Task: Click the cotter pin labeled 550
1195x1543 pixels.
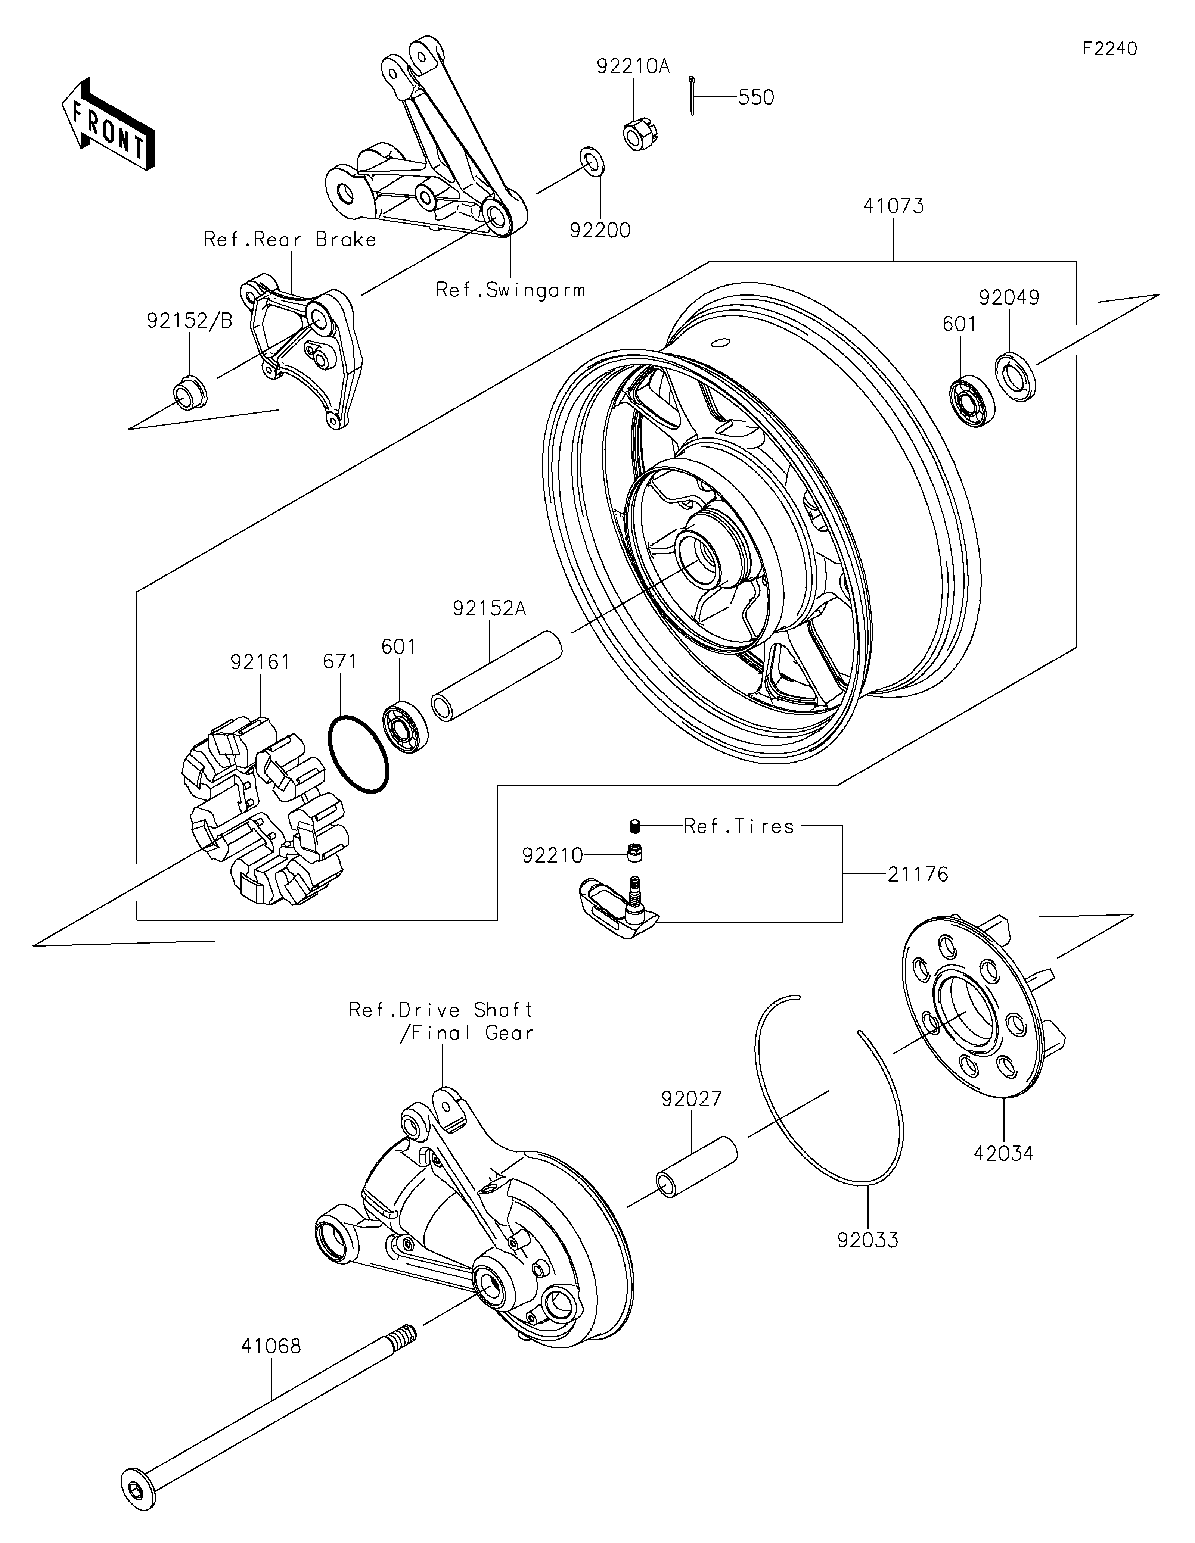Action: tap(693, 95)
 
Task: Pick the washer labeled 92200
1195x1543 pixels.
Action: tap(592, 161)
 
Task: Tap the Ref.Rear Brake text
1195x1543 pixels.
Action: tap(290, 240)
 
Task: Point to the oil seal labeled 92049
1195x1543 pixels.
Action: tap(1015, 376)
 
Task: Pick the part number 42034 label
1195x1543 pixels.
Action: tap(1003, 1154)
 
